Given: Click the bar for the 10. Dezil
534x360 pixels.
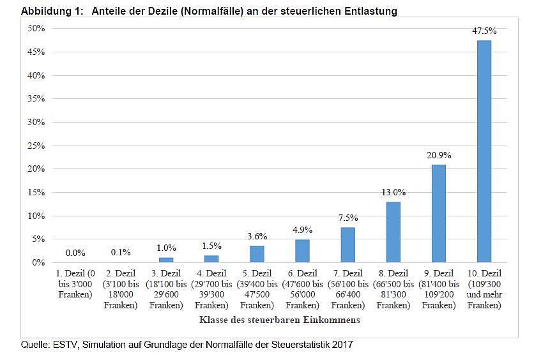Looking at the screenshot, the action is [x=484, y=151].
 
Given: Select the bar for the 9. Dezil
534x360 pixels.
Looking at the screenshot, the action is [x=439, y=213].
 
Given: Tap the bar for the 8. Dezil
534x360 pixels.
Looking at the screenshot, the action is [x=393, y=232].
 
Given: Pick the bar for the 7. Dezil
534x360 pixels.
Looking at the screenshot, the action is [x=347, y=245].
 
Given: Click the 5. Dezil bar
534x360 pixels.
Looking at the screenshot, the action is [x=257, y=254].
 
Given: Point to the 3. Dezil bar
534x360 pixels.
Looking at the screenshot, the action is [x=166, y=260].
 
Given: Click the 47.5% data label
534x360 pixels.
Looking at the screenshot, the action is [x=484, y=31].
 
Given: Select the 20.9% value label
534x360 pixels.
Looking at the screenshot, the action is [x=439, y=156].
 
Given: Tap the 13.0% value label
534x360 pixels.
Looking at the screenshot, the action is [x=393, y=193].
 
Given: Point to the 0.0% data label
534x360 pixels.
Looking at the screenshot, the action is [x=75, y=253].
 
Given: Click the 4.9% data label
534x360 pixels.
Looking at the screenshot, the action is [x=302, y=230].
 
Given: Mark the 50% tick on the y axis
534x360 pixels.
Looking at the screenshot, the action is [x=36, y=28].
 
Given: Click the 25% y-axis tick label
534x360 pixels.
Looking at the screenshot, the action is [x=36, y=146].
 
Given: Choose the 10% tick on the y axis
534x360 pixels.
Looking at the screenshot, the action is [x=36, y=216].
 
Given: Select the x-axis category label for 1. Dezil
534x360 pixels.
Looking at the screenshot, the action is [x=75, y=284].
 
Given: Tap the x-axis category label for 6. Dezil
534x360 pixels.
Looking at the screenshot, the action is [x=302, y=289].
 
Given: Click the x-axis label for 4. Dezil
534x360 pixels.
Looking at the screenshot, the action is [x=211, y=289].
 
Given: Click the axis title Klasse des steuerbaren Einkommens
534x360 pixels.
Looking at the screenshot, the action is [x=280, y=320].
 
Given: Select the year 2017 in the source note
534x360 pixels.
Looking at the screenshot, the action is [x=342, y=345].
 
